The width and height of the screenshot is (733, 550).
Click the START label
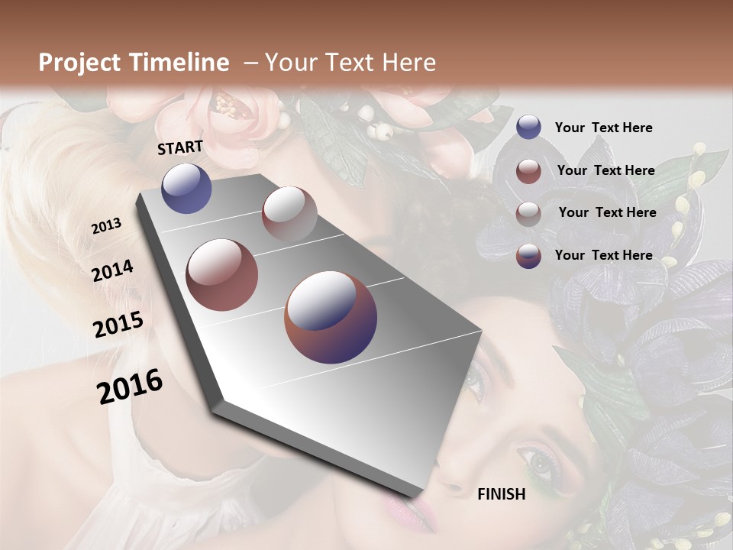(x=180, y=147)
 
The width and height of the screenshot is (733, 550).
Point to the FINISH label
(x=501, y=494)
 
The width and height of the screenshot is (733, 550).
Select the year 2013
(x=106, y=226)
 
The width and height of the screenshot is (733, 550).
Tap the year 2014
(x=112, y=271)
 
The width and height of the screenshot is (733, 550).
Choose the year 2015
(x=118, y=325)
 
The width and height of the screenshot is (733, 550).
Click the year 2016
(x=130, y=386)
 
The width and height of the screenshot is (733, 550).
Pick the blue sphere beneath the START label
(x=186, y=188)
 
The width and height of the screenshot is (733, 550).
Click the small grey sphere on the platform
(x=289, y=213)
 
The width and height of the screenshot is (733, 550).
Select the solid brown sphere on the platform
(x=222, y=274)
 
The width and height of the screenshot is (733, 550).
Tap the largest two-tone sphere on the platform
(x=331, y=317)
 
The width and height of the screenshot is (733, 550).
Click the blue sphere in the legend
(x=528, y=128)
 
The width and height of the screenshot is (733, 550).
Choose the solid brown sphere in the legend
(x=528, y=171)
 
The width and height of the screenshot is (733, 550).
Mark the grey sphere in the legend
(x=528, y=213)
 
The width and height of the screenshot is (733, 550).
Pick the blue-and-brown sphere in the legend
(x=528, y=256)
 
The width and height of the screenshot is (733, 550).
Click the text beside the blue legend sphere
(x=603, y=128)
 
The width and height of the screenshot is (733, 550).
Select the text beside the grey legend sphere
(x=607, y=212)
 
